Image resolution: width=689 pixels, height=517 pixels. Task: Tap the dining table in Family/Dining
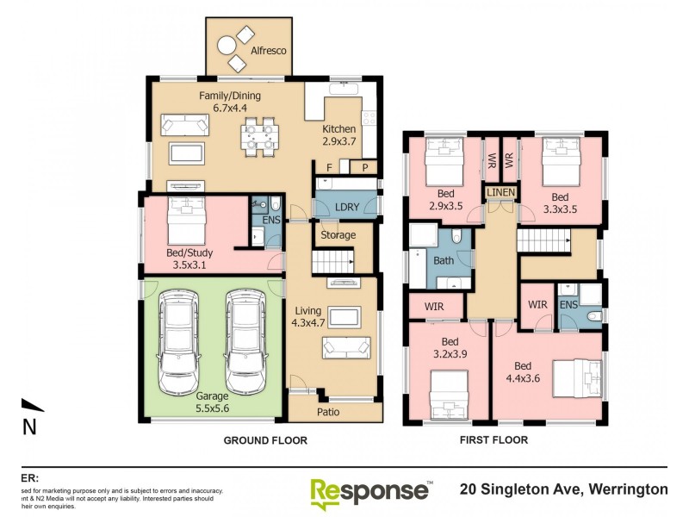[259, 136]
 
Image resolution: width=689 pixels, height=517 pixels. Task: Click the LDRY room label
[347, 208]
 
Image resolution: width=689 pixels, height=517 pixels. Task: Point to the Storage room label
[338, 235]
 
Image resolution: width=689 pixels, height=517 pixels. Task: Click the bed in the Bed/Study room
[187, 221]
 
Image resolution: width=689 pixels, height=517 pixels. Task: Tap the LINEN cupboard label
[500, 191]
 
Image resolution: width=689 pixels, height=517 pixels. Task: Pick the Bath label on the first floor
[444, 259]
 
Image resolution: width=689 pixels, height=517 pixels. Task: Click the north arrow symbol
[32, 406]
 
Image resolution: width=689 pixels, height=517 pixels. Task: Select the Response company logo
[371, 491]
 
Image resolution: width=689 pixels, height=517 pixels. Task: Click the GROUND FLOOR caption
[265, 440]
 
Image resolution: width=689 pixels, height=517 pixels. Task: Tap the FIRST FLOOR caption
[493, 440]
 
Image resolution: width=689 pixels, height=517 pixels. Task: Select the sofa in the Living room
[346, 347]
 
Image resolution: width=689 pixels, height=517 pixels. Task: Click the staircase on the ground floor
[332, 260]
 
